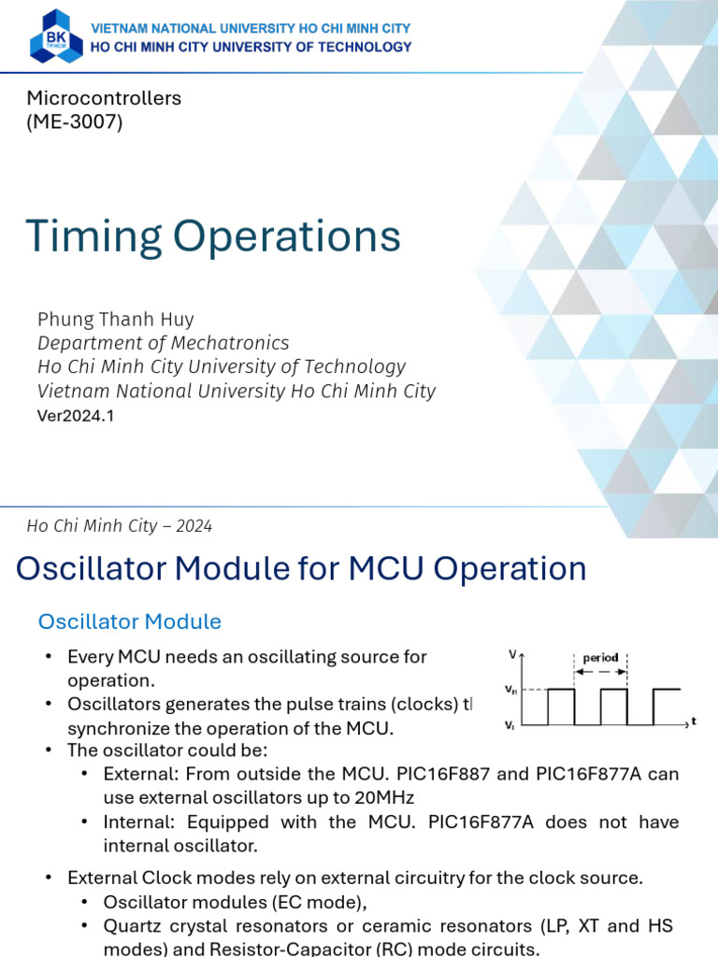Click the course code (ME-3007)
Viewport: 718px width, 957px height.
[75, 121]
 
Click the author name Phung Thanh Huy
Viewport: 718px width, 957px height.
[116, 319]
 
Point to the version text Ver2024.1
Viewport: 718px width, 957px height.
[75, 416]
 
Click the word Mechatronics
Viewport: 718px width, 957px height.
[242, 343]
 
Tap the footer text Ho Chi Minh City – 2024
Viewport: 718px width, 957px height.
[120, 526]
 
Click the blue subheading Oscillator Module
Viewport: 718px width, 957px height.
[129, 621]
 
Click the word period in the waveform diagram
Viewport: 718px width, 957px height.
[599, 658]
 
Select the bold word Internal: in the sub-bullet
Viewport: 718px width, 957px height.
[140, 822]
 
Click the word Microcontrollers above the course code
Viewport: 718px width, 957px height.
[104, 98]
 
